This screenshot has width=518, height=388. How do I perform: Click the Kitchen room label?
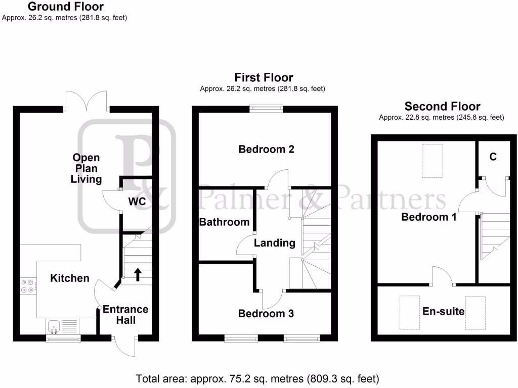[70, 278]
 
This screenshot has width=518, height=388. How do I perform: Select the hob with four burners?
[27, 286]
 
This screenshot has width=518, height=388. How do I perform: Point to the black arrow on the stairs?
[137, 274]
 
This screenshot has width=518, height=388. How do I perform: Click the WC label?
[137, 202]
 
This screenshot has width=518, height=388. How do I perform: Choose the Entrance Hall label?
[125, 314]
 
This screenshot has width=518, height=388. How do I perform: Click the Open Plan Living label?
[86, 168]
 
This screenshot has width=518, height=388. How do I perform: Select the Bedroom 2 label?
[266, 149]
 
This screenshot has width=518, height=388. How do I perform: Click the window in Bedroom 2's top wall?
[266, 108]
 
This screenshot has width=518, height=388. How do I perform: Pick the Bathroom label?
[224, 222]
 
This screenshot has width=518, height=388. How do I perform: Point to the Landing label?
[274, 243]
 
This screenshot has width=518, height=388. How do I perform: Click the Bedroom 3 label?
[266, 313]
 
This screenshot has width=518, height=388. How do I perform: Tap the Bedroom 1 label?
[429, 217]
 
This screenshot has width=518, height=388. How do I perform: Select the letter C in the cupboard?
[493, 157]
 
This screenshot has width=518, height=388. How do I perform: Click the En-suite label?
[443, 311]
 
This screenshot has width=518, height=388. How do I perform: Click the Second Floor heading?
[442, 106]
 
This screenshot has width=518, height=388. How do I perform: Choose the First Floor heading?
[264, 77]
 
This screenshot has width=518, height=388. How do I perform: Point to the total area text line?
[257, 378]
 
